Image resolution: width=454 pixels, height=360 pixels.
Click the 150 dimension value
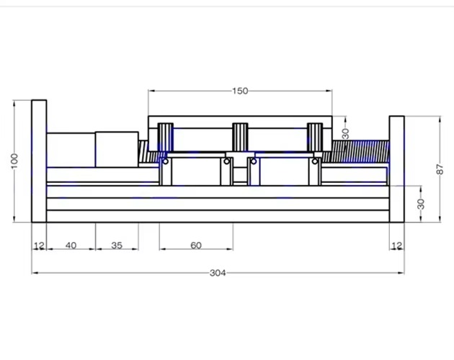tap(240, 91)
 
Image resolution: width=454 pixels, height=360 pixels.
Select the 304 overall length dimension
tap(218, 273)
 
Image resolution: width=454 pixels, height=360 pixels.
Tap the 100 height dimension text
tap(14, 161)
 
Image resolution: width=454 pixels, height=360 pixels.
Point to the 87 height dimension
tap(440, 169)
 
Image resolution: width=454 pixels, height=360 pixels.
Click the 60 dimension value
tap(196, 246)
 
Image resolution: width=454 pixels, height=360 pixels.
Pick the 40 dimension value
tap(71, 246)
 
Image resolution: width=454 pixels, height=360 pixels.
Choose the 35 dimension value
tap(117, 246)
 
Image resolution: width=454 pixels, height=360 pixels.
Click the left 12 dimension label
tap(39, 246)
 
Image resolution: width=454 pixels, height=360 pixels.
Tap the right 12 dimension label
tap(397, 246)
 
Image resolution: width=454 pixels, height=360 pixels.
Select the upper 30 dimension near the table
tap(345, 133)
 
